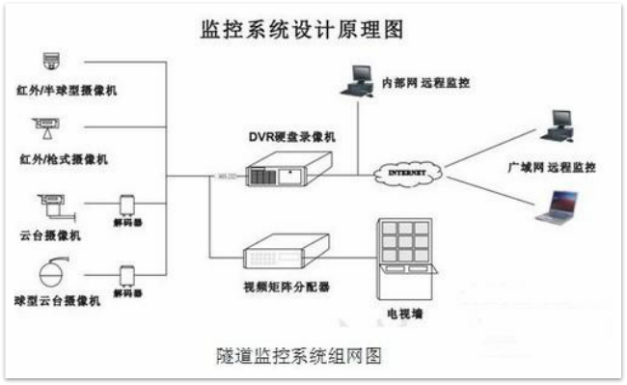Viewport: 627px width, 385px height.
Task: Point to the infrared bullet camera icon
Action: (47, 126)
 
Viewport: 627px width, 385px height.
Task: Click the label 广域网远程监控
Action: (551, 167)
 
